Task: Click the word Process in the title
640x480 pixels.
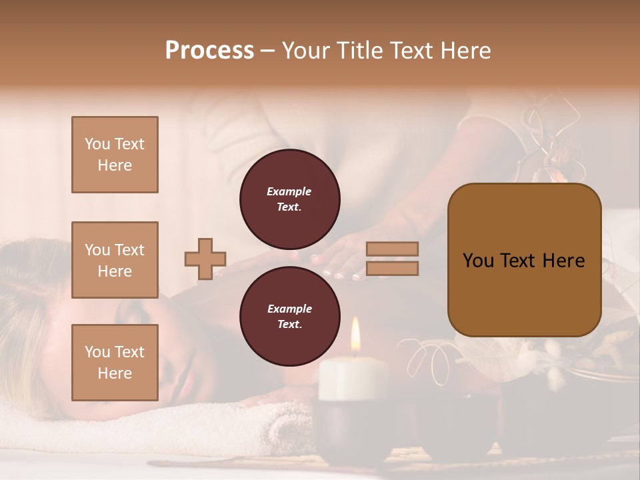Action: point(209,50)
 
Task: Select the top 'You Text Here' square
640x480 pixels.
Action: point(115,155)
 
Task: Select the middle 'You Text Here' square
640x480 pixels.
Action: point(115,260)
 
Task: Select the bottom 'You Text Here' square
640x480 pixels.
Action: point(115,362)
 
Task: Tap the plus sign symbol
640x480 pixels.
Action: point(205,258)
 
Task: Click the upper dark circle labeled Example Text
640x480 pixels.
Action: point(289,199)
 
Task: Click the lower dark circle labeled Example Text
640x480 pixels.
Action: point(289,316)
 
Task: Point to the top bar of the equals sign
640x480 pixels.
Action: point(393,249)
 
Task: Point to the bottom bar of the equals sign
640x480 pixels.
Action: point(393,268)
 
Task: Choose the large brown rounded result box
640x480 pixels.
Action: point(524,260)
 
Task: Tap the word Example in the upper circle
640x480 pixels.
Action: point(289,191)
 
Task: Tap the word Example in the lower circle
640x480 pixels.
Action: point(289,309)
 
